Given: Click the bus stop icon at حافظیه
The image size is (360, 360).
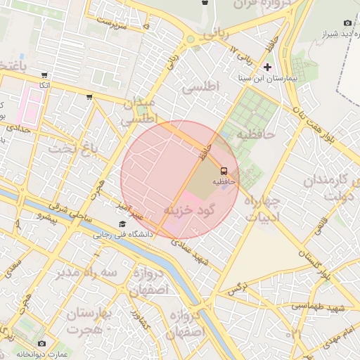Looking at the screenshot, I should point(224,171).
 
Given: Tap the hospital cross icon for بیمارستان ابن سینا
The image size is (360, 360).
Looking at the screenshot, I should point(267,66).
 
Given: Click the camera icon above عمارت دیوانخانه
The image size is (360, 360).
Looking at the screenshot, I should point(41,342).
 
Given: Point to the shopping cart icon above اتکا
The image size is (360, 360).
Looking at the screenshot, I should point(45,75).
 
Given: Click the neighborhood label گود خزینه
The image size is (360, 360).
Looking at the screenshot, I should point(188,210).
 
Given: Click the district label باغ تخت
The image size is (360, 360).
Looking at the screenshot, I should point(71,148).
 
